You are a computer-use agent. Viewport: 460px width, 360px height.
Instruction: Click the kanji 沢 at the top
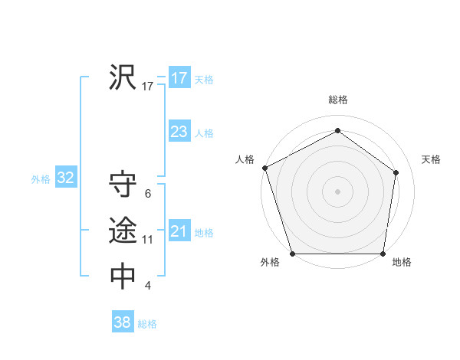123,78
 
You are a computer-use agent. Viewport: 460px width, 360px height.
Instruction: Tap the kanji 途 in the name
123,230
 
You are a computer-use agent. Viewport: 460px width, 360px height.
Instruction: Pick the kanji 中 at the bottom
123,277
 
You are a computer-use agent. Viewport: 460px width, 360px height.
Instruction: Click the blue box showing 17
179,78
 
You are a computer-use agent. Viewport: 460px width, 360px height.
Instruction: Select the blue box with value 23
179,132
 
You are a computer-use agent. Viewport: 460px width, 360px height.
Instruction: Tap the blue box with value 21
179,231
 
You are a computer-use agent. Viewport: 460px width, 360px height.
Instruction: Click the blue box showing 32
65,178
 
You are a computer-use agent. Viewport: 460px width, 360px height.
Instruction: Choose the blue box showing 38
122,322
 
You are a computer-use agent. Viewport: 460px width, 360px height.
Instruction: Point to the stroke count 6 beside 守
147,194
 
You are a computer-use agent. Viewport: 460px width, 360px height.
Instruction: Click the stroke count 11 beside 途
147,240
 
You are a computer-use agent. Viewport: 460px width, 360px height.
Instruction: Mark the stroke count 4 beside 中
147,286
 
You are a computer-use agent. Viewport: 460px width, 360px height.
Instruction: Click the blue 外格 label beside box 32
41,179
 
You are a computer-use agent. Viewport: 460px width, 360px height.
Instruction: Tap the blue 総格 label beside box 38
147,324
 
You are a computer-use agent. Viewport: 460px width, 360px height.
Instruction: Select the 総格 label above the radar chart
338,100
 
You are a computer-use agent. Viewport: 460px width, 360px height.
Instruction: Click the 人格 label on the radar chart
245,159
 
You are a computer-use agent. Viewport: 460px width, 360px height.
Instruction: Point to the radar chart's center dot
337,191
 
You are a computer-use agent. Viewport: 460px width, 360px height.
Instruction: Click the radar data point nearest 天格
396,172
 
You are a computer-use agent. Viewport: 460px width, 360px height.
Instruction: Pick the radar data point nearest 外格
293,254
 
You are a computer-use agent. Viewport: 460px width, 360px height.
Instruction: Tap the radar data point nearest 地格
383,254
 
